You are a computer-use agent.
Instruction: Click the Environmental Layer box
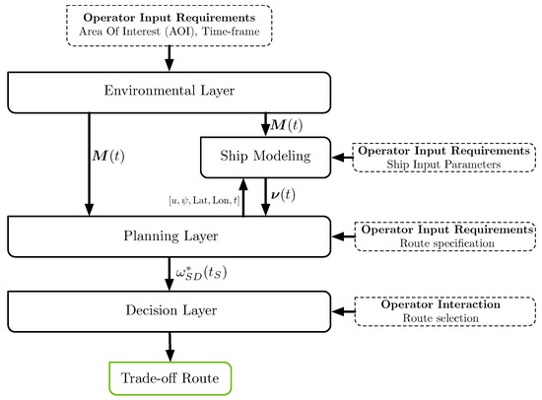tap(169, 93)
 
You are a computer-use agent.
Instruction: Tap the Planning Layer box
tap(169, 236)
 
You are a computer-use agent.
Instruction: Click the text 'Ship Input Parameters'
tap(443, 165)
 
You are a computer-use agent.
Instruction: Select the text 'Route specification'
tap(443, 242)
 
